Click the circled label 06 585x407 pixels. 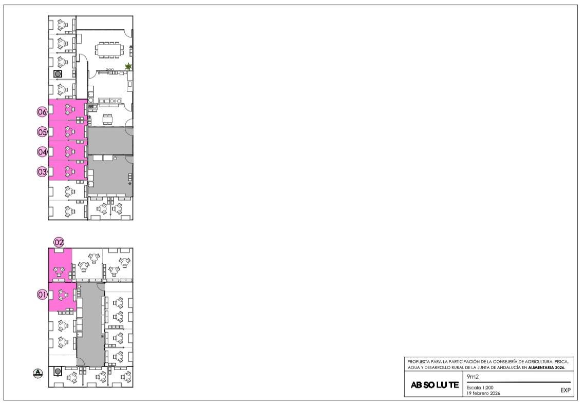tap(42, 112)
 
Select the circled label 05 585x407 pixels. tap(42, 132)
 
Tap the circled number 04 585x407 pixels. tap(42, 152)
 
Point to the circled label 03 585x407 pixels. tap(42, 172)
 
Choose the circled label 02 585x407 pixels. tap(59, 242)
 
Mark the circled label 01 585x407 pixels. tap(42, 295)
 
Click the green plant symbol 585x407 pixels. tap(129, 67)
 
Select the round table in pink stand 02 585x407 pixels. tap(59, 270)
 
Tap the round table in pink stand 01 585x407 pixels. tap(63, 295)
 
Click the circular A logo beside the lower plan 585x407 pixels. tap(38, 373)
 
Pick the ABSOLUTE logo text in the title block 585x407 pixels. tap(435, 385)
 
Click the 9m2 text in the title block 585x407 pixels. tap(473, 377)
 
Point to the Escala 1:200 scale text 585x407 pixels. tap(480, 387)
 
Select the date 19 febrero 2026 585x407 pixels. tap(483, 393)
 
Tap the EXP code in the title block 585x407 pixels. tap(565, 390)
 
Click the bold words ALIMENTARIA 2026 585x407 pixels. tap(546, 367)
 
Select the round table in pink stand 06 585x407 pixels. tap(69, 109)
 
